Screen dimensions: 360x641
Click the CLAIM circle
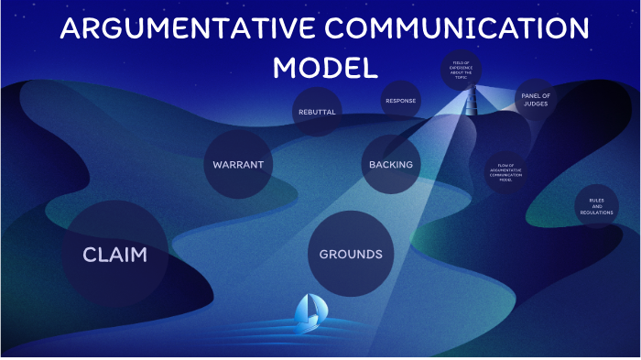pos(114,254)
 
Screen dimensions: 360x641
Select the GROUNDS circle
pos(350,254)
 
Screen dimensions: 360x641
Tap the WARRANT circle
pos(238,165)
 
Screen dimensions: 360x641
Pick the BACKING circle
pos(391,165)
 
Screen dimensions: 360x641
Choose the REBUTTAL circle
pos(318,112)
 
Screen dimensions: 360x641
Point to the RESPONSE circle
pos(401,101)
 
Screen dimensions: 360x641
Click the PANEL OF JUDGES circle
pos(536,99)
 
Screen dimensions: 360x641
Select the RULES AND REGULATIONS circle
pos(597,206)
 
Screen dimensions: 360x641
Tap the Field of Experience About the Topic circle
pos(462,71)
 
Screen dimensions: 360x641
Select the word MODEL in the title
pos(326,68)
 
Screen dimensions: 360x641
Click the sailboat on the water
pos(309,313)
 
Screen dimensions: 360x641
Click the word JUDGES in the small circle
pos(536,104)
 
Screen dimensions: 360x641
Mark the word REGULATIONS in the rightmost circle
pos(597,213)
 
